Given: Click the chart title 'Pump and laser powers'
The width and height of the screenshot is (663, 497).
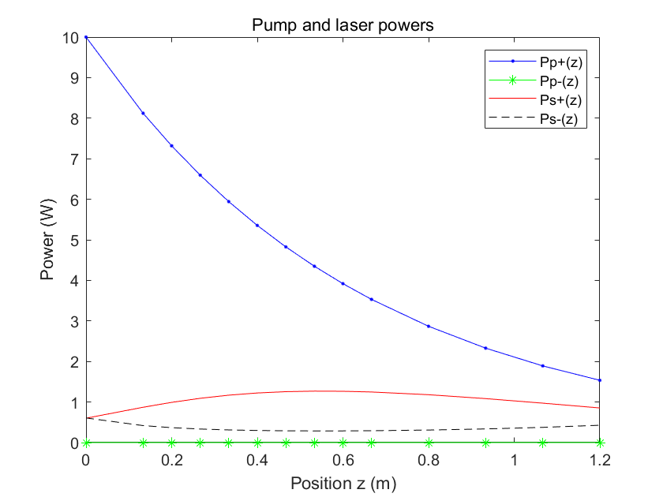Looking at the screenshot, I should click(x=343, y=25).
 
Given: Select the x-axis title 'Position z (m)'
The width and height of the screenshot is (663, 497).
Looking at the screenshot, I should click(x=343, y=482).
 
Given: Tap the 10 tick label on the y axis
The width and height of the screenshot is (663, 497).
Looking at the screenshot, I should click(x=71, y=37).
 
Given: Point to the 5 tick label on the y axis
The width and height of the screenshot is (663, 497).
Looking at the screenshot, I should click(x=74, y=240).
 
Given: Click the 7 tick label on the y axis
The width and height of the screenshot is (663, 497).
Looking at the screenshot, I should click(x=74, y=159).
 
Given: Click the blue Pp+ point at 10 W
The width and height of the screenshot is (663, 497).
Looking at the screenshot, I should click(x=86, y=37).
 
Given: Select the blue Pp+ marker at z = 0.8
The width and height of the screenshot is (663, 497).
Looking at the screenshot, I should click(x=429, y=326).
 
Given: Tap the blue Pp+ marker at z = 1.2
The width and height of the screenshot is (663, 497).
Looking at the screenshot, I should click(x=600, y=380).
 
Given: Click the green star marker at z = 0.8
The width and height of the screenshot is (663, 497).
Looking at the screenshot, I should click(x=429, y=443).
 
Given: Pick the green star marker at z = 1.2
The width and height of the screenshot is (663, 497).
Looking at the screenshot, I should click(x=600, y=443).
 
